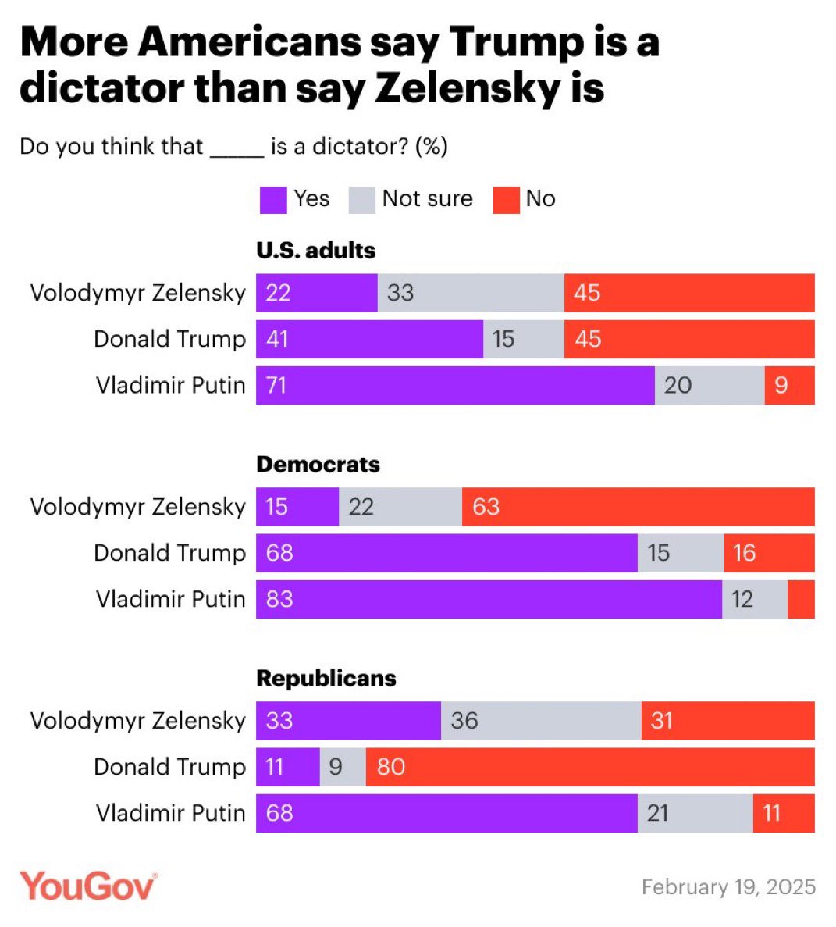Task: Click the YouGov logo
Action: tap(87, 886)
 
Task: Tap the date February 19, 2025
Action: tap(727, 887)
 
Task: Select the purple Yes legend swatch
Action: tap(273, 200)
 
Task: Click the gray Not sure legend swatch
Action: tap(362, 200)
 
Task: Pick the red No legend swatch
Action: tap(506, 200)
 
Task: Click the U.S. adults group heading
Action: tap(315, 251)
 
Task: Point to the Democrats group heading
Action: tap(318, 465)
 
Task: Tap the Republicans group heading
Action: tap(326, 679)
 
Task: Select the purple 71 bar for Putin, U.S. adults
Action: tap(455, 385)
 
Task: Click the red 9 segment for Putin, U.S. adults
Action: tap(789, 385)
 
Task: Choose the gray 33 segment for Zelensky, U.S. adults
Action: tap(471, 293)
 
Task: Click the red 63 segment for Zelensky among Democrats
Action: tap(638, 507)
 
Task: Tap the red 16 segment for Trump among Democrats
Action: tap(769, 553)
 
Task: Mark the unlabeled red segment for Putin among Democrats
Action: tap(801, 599)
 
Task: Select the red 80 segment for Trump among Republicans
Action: tap(590, 767)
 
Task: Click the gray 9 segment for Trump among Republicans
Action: tap(343, 767)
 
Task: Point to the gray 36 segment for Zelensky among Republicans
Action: tap(541, 721)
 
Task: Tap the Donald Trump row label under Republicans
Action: tap(169, 767)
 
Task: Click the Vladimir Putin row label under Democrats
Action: tap(170, 599)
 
